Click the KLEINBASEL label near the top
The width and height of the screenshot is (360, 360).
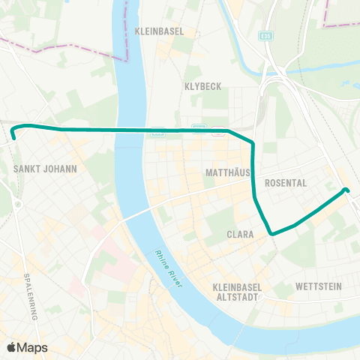pos(159,32)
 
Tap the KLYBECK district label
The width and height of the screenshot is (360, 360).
pos(202,86)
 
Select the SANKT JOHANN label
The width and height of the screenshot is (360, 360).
pos(46,169)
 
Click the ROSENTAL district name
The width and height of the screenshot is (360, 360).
pos(286,182)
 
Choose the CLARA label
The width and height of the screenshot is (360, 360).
pos(240,234)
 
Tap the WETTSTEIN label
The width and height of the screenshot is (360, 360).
pos(319,286)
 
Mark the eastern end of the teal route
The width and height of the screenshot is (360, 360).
pos(346,190)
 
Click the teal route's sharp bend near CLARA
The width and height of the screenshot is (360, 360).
pos(271,233)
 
